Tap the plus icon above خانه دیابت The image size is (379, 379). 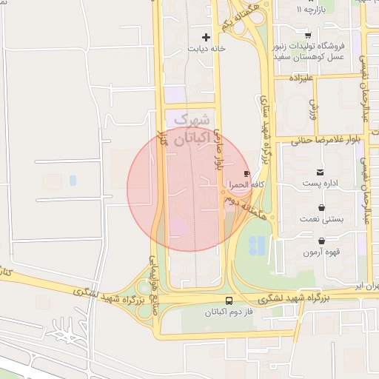click(x=206, y=36)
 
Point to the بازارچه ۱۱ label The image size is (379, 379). click(x=309, y=10)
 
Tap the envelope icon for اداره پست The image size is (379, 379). click(x=320, y=172)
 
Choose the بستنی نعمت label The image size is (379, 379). click(x=320, y=220)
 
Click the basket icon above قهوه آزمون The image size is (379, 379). click(x=322, y=241)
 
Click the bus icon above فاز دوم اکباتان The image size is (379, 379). click(x=229, y=301)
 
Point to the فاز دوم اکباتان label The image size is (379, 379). click(x=229, y=313)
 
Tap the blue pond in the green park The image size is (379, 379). click(x=257, y=245)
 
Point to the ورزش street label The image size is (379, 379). click(x=313, y=111)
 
